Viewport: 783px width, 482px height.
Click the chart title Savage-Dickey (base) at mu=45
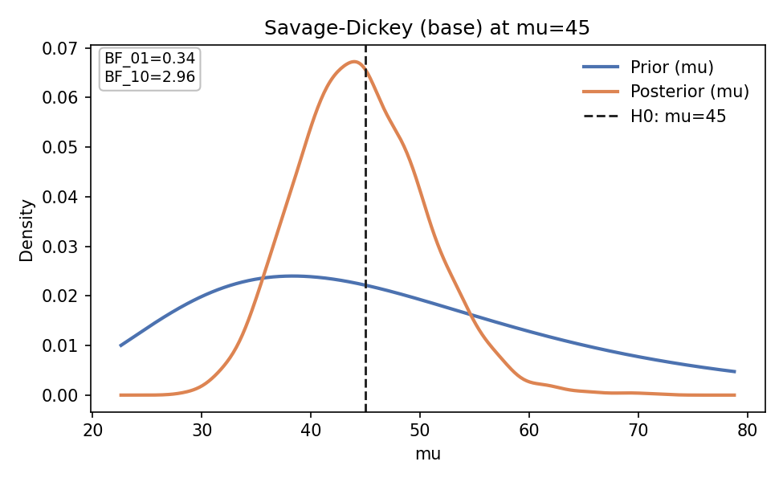427,28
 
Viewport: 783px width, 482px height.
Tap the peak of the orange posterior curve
353,61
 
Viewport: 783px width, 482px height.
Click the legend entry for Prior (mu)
671,67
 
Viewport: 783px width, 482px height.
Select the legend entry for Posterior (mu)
689,92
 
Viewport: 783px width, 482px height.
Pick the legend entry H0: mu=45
678,116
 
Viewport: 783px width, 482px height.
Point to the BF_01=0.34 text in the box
149,59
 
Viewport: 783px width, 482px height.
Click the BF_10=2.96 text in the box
149,77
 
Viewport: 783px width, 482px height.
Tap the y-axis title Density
27,230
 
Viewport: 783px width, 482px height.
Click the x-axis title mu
428,455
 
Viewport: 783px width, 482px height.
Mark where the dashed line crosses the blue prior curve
365,285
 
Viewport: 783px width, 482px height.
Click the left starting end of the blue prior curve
120,345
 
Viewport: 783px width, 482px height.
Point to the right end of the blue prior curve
735,371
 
